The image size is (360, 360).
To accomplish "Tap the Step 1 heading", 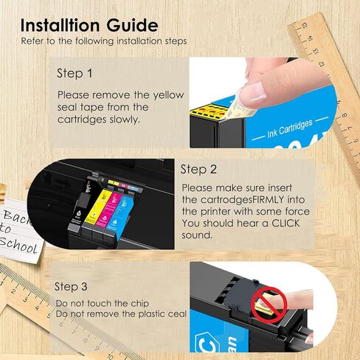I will coord(75,74).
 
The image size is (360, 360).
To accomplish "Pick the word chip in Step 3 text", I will coord(136,303).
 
